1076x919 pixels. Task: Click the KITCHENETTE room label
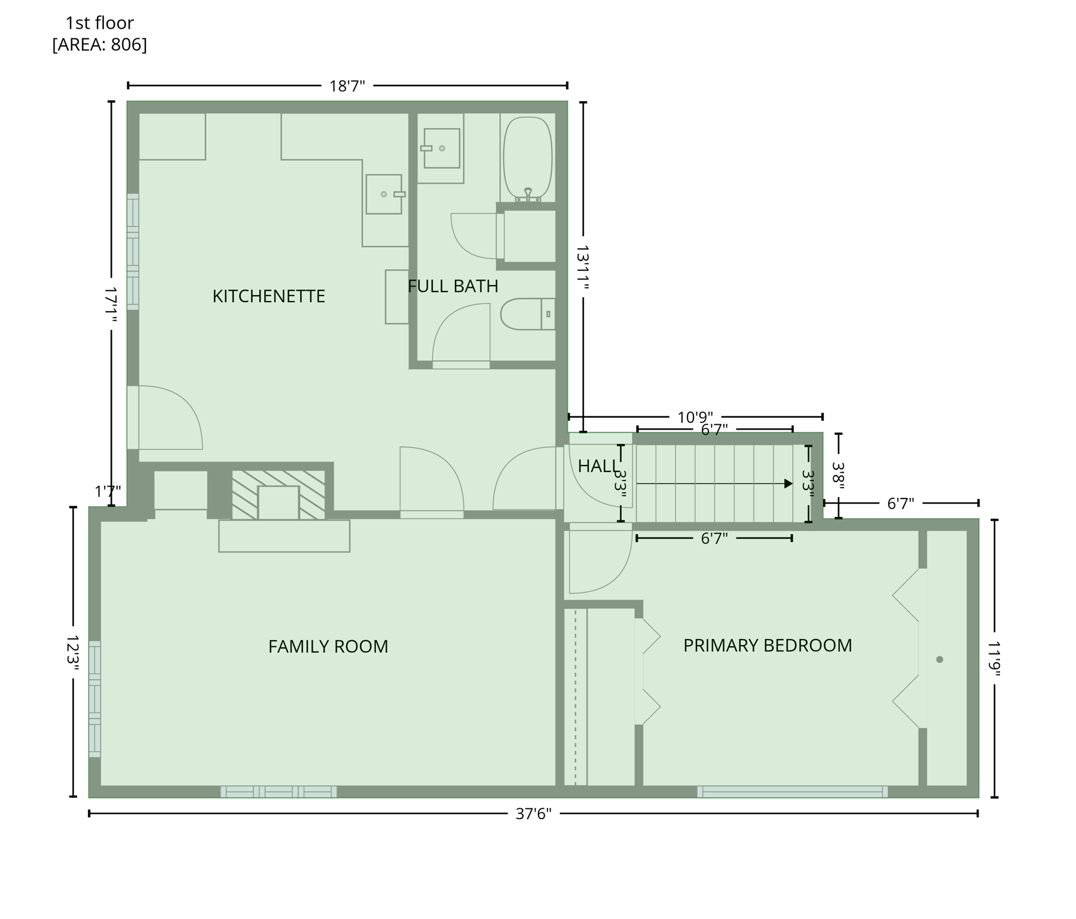pyautogui.click(x=268, y=296)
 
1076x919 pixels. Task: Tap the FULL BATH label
pyautogui.click(x=453, y=286)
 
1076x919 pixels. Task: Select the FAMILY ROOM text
pyautogui.click(x=328, y=647)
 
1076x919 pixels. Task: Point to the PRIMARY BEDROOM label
pyautogui.click(x=767, y=646)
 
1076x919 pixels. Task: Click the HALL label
pyautogui.click(x=598, y=466)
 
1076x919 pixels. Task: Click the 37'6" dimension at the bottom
pyautogui.click(x=533, y=814)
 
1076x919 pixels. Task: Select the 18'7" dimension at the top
pyautogui.click(x=347, y=86)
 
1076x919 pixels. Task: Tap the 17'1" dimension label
pyautogui.click(x=111, y=305)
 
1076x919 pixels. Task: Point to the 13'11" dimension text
pyautogui.click(x=583, y=267)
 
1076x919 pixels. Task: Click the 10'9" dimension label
pyautogui.click(x=695, y=417)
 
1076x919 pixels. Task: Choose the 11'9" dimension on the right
pyautogui.click(x=994, y=659)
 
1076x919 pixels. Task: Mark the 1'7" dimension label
pyautogui.click(x=108, y=492)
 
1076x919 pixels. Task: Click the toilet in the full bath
pyautogui.click(x=526, y=314)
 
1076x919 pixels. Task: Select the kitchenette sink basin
pyautogui.click(x=384, y=194)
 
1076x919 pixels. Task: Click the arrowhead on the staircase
pyautogui.click(x=788, y=483)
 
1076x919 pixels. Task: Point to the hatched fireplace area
pyautogui.click(x=279, y=494)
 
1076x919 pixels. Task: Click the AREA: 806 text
pyautogui.click(x=99, y=45)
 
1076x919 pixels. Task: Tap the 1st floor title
pyautogui.click(x=99, y=23)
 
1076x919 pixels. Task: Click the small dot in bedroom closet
pyautogui.click(x=939, y=659)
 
